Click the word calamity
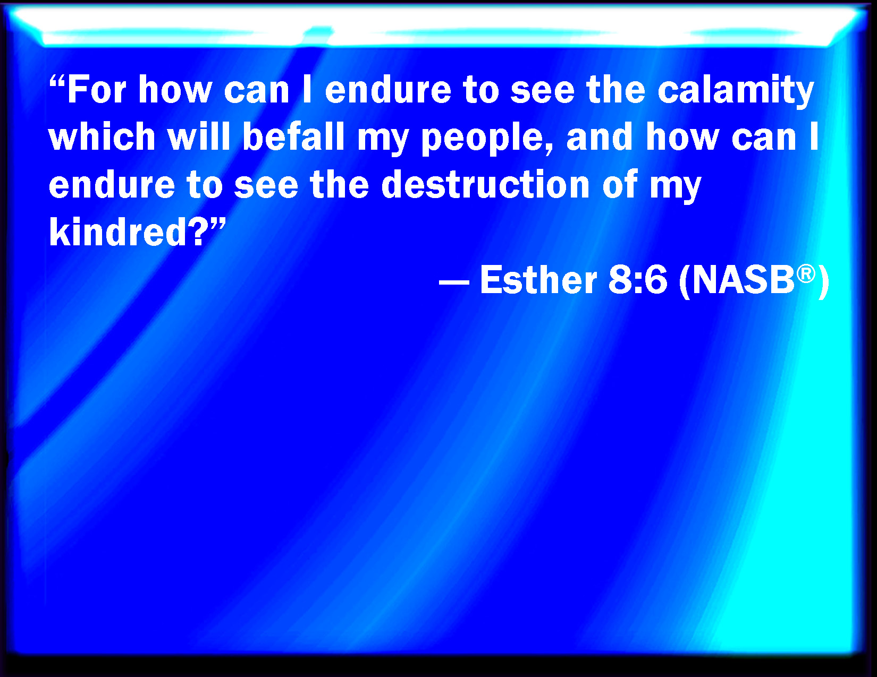(735, 91)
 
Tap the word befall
(293, 136)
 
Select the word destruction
(485, 184)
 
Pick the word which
(102, 136)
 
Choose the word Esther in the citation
(538, 279)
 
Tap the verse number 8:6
(638, 280)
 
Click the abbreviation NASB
(744, 280)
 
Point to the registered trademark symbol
(806, 274)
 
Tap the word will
(199, 136)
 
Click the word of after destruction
(620, 184)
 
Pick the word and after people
(600, 136)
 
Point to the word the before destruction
(340, 184)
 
